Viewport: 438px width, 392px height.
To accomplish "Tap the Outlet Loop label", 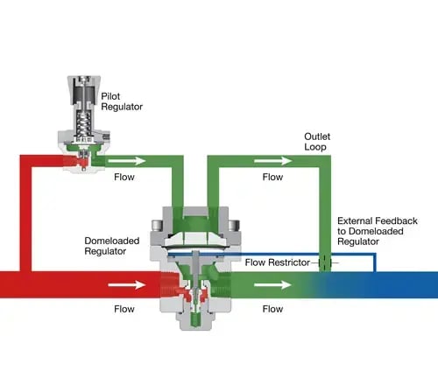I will pyautogui.click(x=317, y=142).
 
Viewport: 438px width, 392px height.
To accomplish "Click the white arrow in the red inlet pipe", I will pyautogui.click(x=124, y=283).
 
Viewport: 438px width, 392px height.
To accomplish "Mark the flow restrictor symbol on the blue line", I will pyautogui.click(x=323, y=261).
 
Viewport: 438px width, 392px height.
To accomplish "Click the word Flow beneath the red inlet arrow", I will pyautogui.click(x=124, y=309).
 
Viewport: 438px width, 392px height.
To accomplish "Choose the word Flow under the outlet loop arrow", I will pyautogui.click(x=273, y=177).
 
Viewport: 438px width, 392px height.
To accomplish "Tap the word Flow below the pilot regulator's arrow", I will pyautogui.click(x=124, y=177).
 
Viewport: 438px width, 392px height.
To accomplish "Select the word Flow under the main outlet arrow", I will pyautogui.click(x=273, y=309).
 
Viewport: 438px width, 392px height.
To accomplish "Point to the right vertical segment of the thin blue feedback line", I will pyautogui.click(x=374, y=262).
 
